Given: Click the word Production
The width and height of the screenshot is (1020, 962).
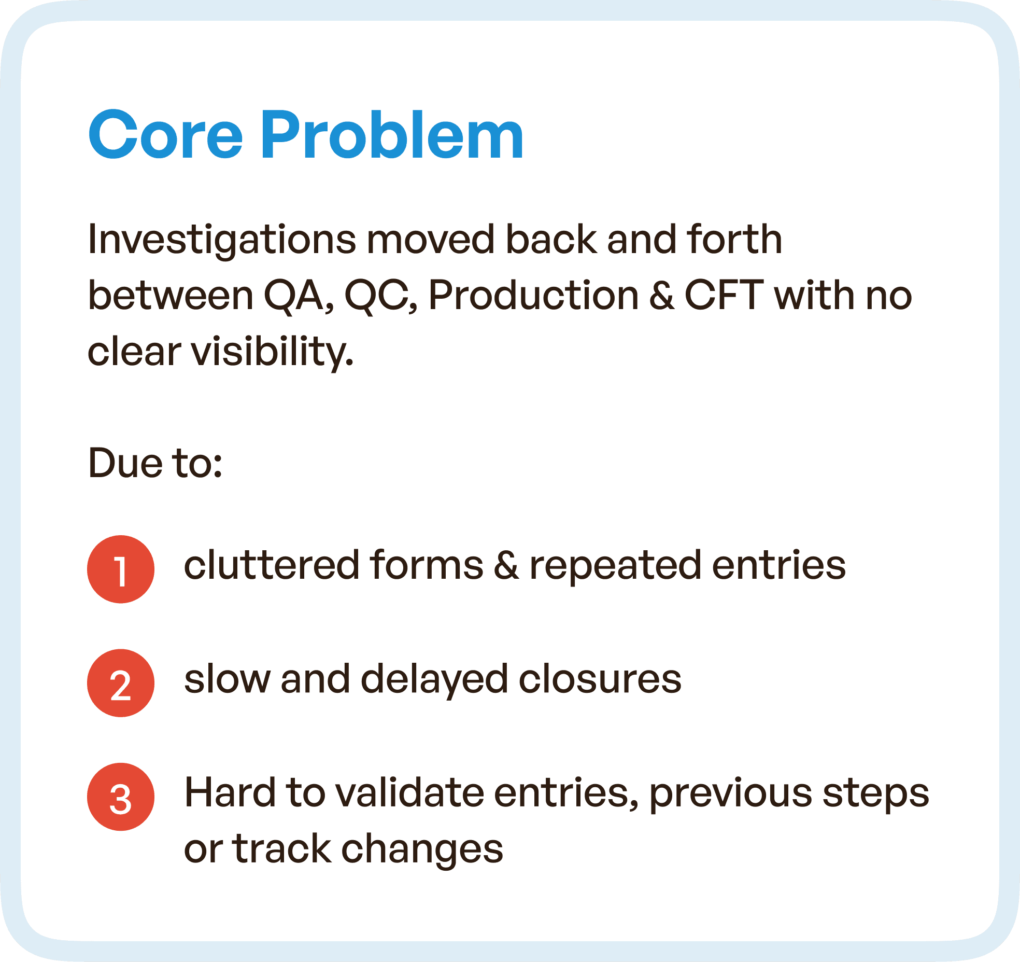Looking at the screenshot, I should coord(533,296).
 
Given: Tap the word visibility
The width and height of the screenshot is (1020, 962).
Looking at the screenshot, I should coord(272,352).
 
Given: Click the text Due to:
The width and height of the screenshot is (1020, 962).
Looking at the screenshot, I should coord(155,463).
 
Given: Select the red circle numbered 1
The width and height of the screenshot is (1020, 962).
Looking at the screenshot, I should coord(120,569).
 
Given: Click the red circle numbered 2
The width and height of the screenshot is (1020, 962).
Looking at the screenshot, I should coord(120,683).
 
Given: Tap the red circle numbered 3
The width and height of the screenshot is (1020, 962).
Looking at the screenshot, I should coord(120,797).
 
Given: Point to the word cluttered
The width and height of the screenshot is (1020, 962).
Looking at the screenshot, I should coord(272,565).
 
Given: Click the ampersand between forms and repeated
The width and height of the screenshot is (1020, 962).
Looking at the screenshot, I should coord(506,565).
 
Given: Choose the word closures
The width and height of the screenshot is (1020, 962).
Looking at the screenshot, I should coord(600,679).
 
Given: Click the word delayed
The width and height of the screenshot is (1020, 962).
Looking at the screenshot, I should coord(433,679).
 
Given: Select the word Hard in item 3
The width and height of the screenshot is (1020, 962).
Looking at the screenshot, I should coord(230,793).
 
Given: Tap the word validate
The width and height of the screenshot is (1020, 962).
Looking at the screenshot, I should coord(409,793).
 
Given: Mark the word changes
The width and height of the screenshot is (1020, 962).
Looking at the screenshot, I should coord(422,850).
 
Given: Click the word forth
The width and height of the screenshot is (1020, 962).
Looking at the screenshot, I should coord(734,240).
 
